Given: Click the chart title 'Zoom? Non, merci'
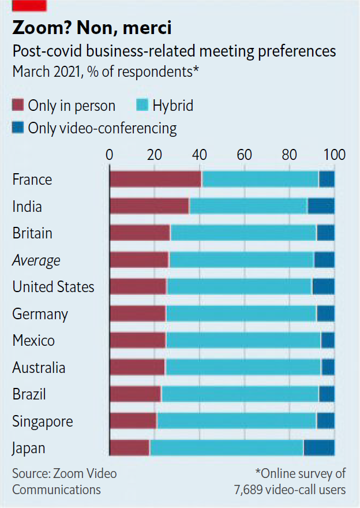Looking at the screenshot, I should (92, 28).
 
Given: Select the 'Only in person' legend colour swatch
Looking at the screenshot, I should (18, 106).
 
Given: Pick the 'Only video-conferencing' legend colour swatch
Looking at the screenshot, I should (18, 128).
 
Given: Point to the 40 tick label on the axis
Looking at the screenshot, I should (200, 155).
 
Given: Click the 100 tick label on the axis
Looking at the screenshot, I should (335, 155).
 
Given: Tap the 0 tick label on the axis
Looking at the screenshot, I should (110, 155).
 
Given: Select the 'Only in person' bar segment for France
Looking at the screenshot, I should (155, 180).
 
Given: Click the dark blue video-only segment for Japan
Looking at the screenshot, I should (319, 448).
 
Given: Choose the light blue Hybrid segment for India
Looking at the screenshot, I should (248, 206).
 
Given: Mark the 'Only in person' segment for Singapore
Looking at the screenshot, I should (133, 421).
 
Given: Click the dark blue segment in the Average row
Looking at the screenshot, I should (324, 260).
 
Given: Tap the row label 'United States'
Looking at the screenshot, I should (53, 287).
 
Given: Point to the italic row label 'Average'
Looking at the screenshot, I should (36, 260).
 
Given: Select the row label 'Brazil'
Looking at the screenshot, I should (29, 394).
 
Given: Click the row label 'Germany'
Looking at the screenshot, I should (40, 314).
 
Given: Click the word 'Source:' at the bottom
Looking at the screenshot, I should (31, 474).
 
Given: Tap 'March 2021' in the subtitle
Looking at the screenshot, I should (44, 73).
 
